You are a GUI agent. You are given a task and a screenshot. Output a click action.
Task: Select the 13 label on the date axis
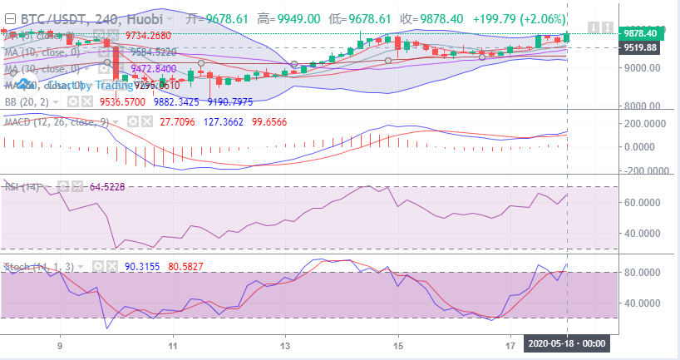(x=285, y=343)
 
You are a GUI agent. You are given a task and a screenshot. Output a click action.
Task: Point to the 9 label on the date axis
(x=60, y=343)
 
